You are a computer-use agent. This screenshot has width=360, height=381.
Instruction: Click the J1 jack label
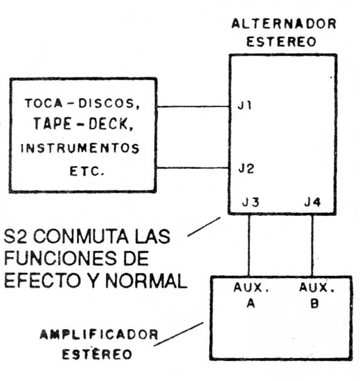[244, 106]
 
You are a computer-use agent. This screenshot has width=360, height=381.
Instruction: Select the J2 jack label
[246, 169]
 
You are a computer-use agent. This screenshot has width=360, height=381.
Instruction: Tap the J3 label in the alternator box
[251, 202]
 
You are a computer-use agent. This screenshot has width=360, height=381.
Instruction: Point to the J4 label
[312, 202]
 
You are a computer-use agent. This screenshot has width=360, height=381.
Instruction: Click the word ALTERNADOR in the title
[284, 24]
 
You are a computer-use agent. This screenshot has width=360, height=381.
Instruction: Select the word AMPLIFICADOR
[99, 335]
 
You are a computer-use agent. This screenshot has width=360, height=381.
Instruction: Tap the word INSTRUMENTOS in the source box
[80, 148]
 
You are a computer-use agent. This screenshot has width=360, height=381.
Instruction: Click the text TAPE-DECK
[84, 124]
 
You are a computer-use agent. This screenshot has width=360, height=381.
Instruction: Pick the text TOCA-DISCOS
[82, 104]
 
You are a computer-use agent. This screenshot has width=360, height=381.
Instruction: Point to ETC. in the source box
[87, 171]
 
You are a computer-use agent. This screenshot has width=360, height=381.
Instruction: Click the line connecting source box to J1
[192, 106]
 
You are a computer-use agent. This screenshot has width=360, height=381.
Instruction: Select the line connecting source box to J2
[192, 167]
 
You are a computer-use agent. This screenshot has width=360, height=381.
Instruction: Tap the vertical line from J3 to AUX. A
[249, 245]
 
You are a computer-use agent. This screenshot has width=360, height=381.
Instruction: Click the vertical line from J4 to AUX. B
[312, 245]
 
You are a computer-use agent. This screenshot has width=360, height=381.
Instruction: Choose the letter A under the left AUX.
[251, 304]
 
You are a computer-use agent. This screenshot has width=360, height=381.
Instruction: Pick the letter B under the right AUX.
[314, 304]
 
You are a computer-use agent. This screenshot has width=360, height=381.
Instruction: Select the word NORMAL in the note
[146, 281]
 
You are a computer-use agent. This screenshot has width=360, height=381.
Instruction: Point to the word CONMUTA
[80, 236]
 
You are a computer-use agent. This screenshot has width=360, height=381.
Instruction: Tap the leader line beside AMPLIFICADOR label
[179, 334]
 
